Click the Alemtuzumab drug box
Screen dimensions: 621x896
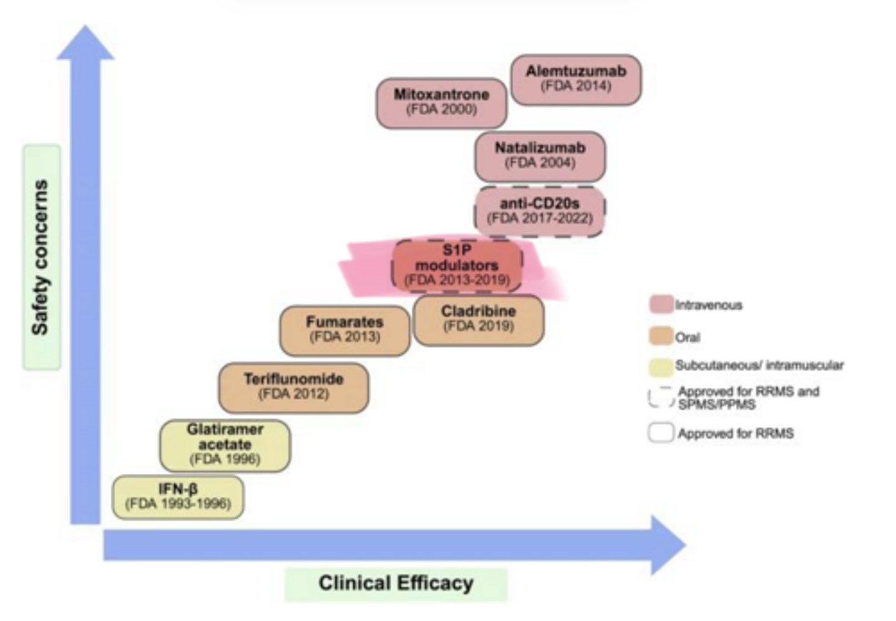coord(576,79)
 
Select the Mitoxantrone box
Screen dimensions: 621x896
coord(441,103)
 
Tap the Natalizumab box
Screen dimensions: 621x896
coord(539,156)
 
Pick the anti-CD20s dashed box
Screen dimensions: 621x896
coord(539,211)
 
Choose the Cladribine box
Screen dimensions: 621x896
coord(478,320)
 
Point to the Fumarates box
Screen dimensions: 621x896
coord(345,330)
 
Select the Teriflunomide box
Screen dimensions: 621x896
coord(293,387)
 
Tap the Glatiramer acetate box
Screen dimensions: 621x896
coord(225,445)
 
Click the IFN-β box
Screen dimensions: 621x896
coord(178,497)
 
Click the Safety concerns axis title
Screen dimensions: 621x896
coord(41,257)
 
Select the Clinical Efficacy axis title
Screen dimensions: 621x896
coord(396,584)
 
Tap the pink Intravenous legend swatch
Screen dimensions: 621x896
coord(661,305)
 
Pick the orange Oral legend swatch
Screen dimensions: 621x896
coord(661,336)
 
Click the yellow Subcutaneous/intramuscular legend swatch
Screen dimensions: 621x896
coord(661,367)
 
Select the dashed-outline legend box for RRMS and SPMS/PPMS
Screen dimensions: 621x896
coord(661,398)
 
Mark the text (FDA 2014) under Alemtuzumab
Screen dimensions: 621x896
coord(576,86)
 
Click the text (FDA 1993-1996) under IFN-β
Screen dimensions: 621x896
coord(178,504)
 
